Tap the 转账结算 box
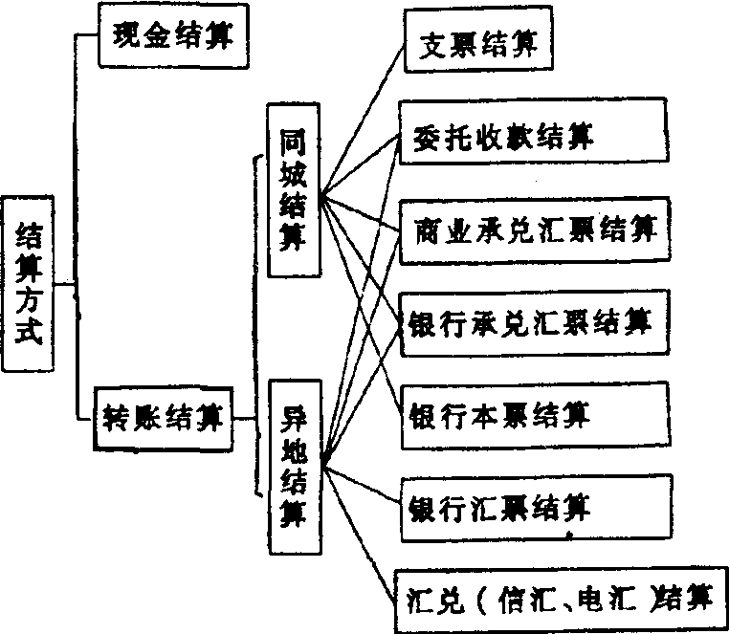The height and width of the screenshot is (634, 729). (164, 418)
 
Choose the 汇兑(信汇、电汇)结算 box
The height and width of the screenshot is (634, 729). (560, 600)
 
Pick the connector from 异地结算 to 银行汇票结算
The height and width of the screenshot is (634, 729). (364, 483)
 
